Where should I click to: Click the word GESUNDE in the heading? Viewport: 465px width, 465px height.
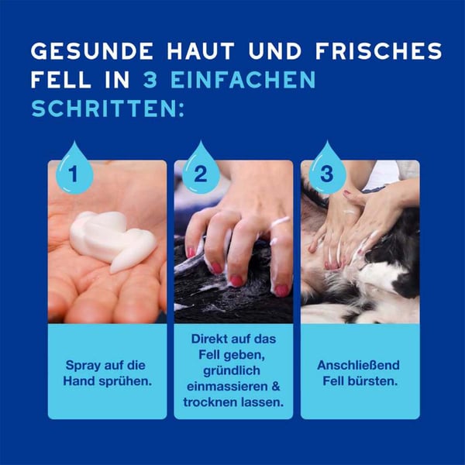click(92, 51)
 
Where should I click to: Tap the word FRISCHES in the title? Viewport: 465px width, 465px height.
click(379, 51)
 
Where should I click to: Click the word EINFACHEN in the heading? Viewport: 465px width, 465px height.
click(243, 80)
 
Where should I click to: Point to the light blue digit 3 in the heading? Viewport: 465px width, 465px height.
click(150, 80)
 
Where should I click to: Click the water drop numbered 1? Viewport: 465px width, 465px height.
click(74, 168)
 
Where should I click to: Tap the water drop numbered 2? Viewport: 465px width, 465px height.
click(201, 168)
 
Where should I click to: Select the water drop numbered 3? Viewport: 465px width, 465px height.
click(327, 168)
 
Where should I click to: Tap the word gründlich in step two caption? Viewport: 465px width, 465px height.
click(232, 371)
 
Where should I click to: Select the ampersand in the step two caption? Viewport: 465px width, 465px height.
click(276, 387)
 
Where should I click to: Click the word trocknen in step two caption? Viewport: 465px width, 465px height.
click(210, 403)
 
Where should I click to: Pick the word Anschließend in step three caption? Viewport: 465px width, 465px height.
click(358, 366)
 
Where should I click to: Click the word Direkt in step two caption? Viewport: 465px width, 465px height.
click(208, 339)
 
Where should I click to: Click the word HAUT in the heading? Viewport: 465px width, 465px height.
click(201, 51)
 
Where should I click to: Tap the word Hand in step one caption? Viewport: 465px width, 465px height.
click(79, 381)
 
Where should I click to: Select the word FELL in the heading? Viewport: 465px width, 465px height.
click(60, 80)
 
